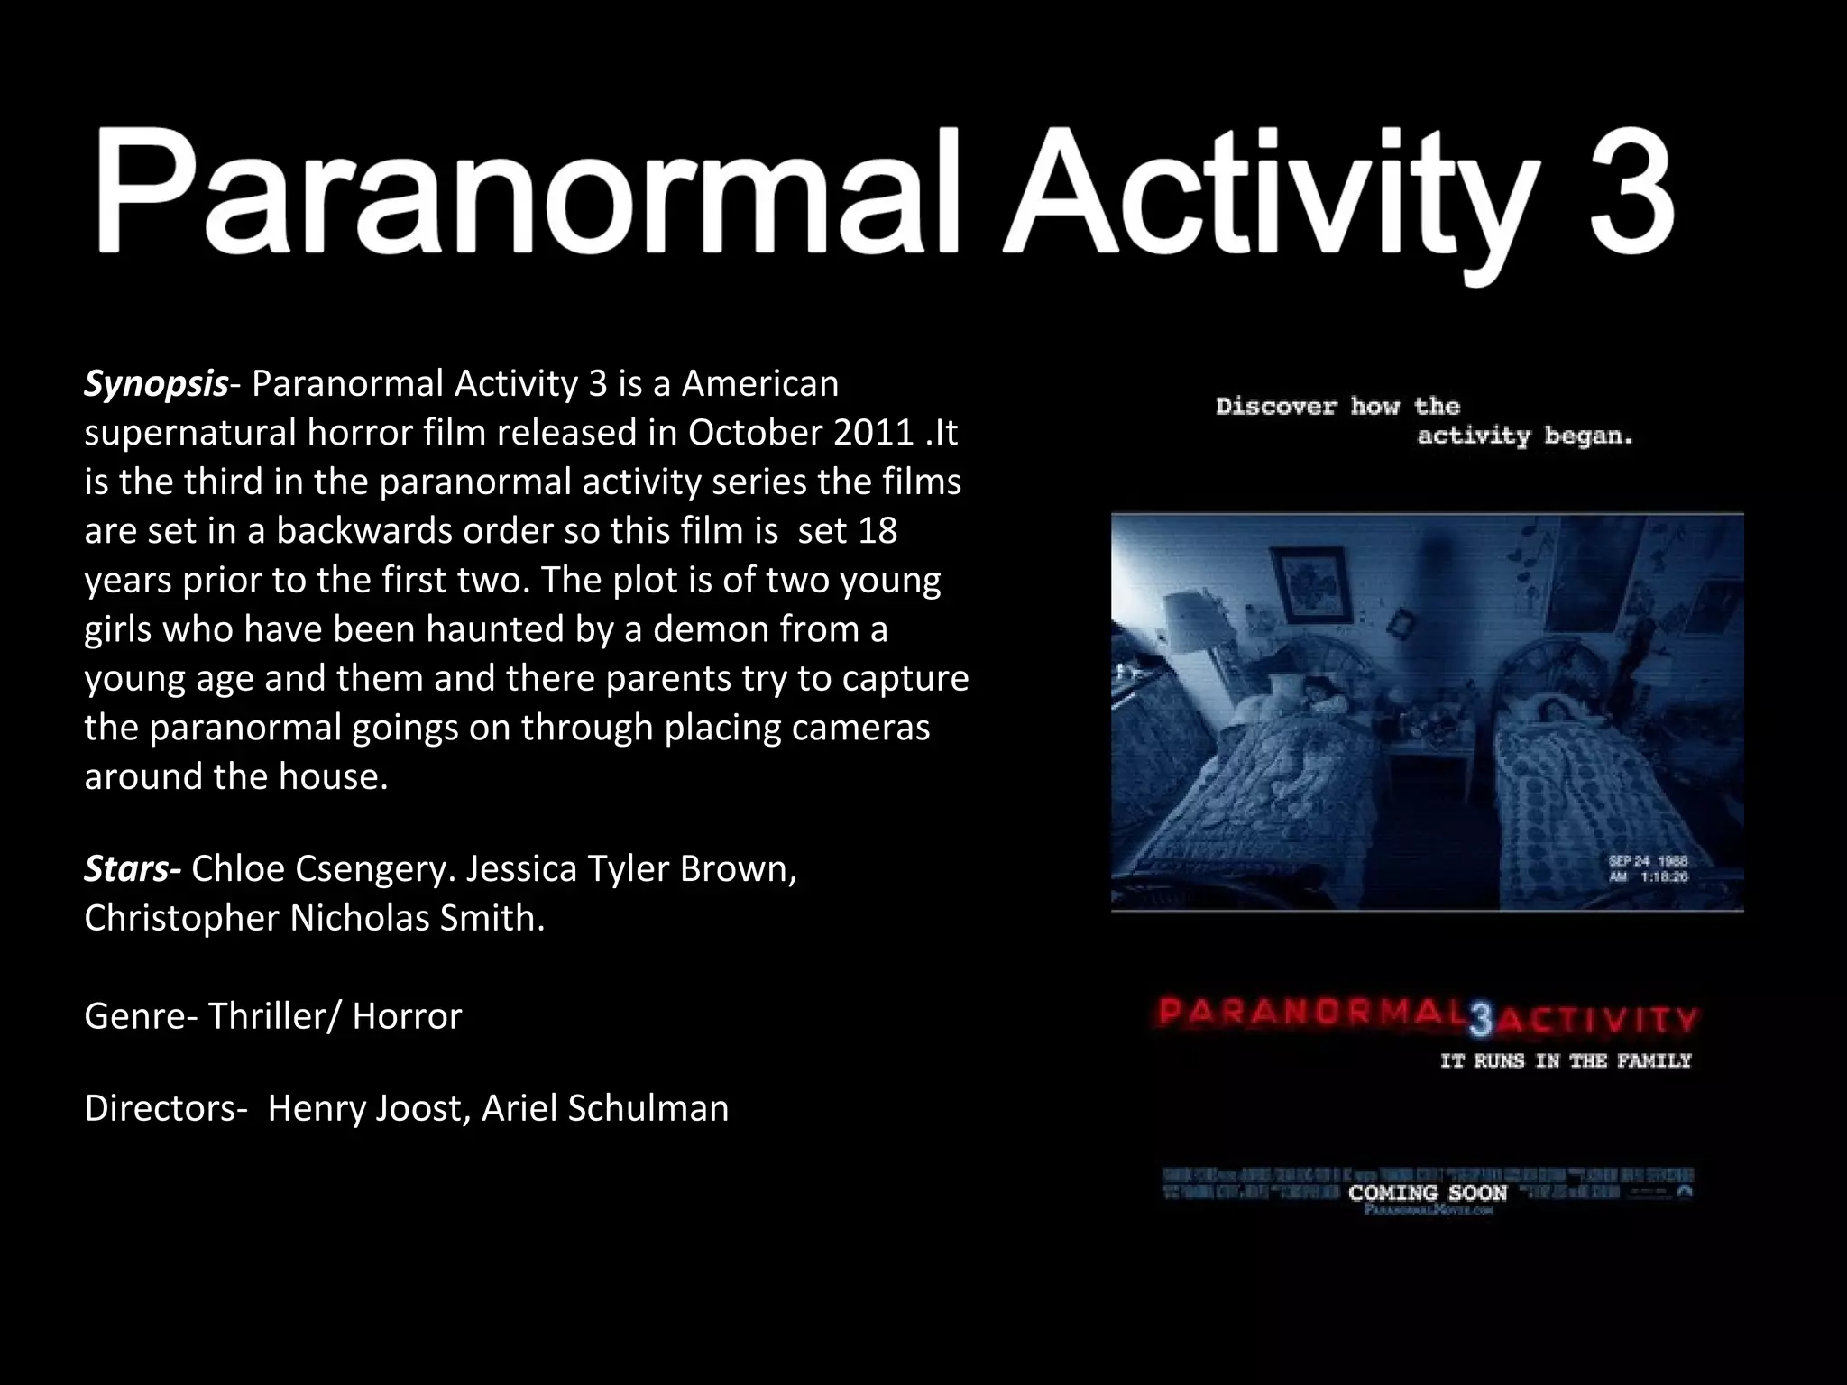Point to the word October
[754, 434]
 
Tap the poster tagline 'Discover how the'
[1337, 407]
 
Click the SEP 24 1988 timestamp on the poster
[1648, 861]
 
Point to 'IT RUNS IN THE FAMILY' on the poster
[1566, 1061]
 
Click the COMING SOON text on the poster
[1428, 1193]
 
